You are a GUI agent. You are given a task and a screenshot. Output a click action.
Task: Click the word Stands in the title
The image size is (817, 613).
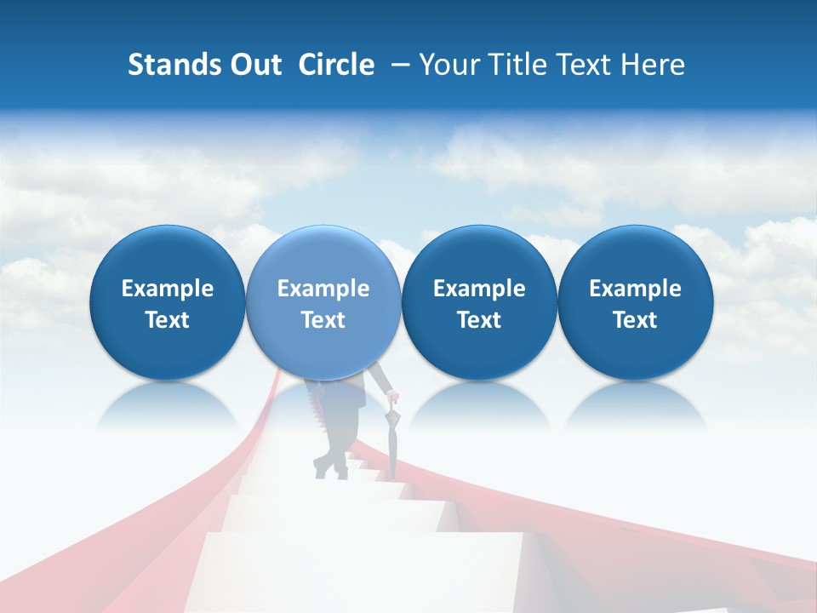pyautogui.click(x=172, y=65)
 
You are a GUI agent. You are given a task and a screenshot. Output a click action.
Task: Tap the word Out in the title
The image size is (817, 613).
pyautogui.click(x=254, y=65)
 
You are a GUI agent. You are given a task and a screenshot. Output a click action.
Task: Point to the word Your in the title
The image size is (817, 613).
pyautogui.click(x=450, y=65)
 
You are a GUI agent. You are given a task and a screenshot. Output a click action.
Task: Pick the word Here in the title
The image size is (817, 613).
pyautogui.click(x=652, y=65)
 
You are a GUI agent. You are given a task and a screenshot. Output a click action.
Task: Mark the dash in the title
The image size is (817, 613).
pyautogui.click(x=397, y=65)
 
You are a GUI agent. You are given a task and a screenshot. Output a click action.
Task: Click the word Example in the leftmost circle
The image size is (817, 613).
pyautogui.click(x=168, y=289)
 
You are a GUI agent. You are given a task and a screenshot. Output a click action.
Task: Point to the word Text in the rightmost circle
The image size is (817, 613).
pyautogui.click(x=636, y=320)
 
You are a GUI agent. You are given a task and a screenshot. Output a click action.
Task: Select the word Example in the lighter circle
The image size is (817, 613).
pyautogui.click(x=323, y=289)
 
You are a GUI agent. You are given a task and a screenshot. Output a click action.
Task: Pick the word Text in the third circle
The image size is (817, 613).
pyautogui.click(x=479, y=320)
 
